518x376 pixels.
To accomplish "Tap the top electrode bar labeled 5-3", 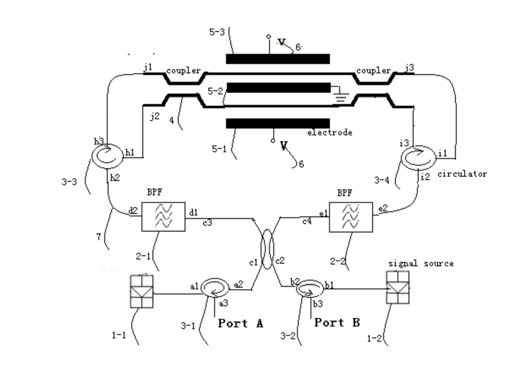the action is (278, 59).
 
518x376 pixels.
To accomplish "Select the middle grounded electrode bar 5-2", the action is (279, 88).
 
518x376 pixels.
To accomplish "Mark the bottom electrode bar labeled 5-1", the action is (278, 124).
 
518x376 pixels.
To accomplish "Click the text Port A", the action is (240, 323).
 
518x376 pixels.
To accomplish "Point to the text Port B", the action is (337, 323).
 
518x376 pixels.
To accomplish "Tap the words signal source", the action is (421, 263).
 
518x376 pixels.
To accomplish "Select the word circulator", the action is (462, 174).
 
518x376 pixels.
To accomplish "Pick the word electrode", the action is (330, 133).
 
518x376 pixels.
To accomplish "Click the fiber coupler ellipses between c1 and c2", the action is (267, 249).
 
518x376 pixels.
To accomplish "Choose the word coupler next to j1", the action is (183, 71).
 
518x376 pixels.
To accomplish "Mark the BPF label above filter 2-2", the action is (345, 193).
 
